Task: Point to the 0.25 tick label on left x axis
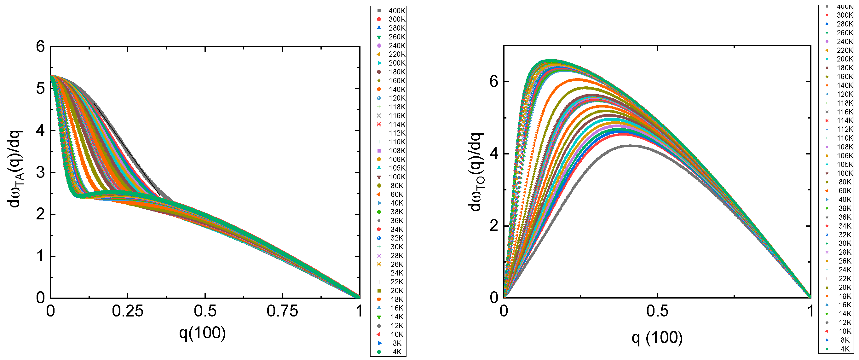point(127,311)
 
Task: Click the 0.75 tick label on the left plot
point(282,311)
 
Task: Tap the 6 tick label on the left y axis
point(40,47)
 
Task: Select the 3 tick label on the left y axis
point(40,172)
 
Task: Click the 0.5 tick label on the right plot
point(657,311)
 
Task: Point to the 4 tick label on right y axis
point(494,154)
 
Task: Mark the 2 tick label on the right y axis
point(494,226)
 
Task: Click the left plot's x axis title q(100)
point(202,333)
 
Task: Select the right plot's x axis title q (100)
point(657,338)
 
